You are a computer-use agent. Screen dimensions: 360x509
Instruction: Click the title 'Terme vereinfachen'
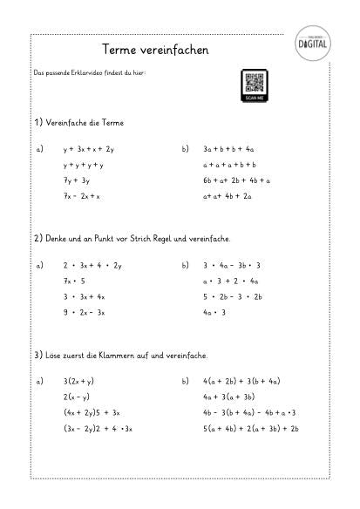tap(154, 51)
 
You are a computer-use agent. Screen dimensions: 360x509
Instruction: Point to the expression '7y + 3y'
tap(77, 180)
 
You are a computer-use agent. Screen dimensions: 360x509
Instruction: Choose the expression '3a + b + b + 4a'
tap(228, 150)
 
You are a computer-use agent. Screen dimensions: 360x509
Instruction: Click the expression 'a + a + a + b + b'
tap(228, 165)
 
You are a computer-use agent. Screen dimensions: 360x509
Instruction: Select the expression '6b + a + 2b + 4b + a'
tap(236, 180)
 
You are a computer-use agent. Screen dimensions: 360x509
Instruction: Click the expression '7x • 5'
tap(74, 281)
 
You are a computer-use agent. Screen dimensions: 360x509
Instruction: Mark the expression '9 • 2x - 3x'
tap(84, 311)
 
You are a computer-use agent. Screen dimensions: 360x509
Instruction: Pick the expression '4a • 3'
tap(214, 311)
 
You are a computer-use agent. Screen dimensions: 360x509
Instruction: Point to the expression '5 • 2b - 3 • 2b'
tap(232, 296)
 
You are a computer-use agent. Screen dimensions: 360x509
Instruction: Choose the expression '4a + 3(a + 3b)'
tap(234, 397)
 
